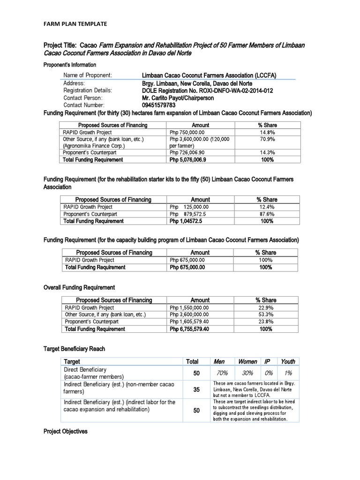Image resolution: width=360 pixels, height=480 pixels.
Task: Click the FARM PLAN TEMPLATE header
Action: point(75,23)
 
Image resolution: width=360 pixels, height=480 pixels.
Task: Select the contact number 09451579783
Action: point(162,105)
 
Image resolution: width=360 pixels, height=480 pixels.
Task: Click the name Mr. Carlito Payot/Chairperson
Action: point(178,98)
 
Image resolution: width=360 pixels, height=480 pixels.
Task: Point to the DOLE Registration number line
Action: point(207,90)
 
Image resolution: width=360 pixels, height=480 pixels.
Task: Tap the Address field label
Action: point(74,83)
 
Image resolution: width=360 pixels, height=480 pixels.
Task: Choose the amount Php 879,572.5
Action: point(189,214)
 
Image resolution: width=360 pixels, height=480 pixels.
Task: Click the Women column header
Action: point(247,361)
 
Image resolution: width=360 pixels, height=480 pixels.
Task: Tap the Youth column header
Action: point(287,361)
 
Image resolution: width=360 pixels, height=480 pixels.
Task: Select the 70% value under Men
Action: point(222,373)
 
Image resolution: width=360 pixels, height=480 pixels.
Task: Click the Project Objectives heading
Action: point(65,431)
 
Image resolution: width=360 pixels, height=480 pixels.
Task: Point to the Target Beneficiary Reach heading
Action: point(74,349)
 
